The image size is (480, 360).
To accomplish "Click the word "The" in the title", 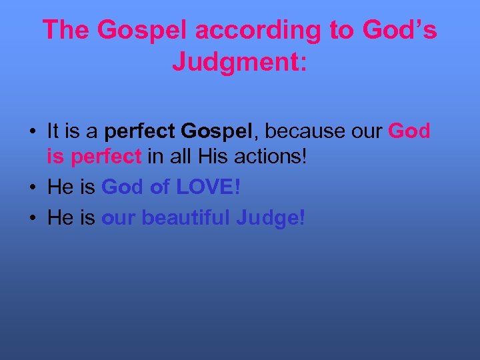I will [65, 30].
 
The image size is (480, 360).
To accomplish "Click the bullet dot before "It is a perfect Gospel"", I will [32, 132].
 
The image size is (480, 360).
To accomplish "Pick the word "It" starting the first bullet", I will [53, 131].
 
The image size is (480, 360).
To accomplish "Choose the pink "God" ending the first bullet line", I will [409, 131].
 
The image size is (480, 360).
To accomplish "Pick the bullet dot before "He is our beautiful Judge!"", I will [32, 217].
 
